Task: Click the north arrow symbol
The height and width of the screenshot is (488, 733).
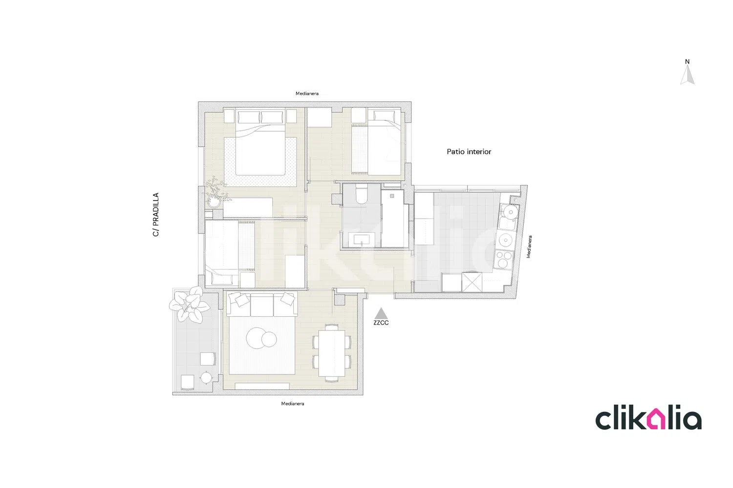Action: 687,75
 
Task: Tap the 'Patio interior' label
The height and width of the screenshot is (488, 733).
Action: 469,152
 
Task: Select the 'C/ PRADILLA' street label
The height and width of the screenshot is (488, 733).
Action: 156,214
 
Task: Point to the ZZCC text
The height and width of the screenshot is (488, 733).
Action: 381,323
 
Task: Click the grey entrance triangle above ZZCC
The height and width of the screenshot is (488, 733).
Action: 381,314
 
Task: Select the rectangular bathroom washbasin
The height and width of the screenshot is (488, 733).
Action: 362,240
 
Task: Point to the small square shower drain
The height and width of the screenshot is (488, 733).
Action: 392,196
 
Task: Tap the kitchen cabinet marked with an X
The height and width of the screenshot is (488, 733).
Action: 472,282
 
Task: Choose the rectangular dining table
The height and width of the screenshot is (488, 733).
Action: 332,353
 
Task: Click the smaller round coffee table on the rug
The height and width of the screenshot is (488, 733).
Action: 269,339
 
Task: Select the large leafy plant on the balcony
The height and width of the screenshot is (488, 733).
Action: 189,305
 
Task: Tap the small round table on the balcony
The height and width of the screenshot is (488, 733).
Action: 206,378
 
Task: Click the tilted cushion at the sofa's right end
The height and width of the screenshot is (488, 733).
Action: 288,299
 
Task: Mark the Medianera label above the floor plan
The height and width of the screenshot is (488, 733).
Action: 307,94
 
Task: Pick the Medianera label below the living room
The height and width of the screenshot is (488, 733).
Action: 293,404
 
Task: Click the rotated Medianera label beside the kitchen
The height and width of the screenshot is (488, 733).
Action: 529,247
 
